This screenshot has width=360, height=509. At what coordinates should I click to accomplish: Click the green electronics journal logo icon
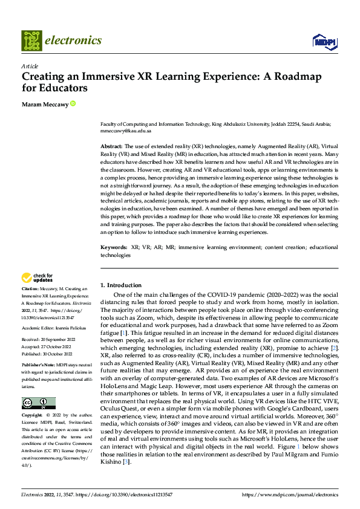pyautogui.click(x=31, y=41)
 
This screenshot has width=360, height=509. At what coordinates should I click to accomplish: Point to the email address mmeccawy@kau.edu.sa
pyautogui.click(x=126, y=131)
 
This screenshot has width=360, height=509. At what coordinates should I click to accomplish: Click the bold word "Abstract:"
pyautogui.click(x=111, y=147)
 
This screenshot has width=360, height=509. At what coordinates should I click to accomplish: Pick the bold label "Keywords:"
pyautogui.click(x=114, y=248)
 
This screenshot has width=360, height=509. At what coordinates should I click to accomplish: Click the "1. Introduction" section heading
pyautogui.click(x=120, y=285)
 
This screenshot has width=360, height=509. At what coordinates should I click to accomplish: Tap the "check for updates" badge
pyautogui.click(x=36, y=278)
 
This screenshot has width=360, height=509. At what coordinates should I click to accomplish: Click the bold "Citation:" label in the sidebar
pyautogui.click(x=30, y=290)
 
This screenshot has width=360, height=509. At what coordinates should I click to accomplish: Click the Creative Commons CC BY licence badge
pyautogui.click(x=38, y=403)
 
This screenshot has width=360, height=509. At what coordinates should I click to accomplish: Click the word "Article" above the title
pyautogui.click(x=30, y=65)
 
